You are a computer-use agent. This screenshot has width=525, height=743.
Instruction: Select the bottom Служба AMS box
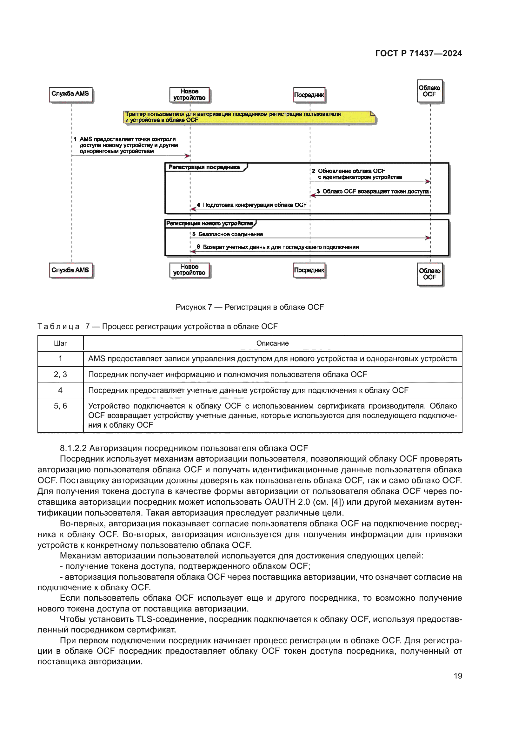pyautogui.click(x=71, y=271)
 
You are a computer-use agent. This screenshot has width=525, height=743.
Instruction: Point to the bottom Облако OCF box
pyautogui.click(x=430, y=274)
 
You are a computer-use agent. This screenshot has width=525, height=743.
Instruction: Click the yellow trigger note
pyautogui.click(x=249, y=117)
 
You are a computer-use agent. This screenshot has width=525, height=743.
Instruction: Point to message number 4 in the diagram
pyautogui.click(x=198, y=205)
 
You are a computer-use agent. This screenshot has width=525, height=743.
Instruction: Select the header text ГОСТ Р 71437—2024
pyautogui.click(x=419, y=53)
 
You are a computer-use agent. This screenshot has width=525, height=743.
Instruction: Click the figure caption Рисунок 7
pyautogui.click(x=194, y=307)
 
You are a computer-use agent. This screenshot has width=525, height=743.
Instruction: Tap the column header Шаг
pyautogui.click(x=60, y=343)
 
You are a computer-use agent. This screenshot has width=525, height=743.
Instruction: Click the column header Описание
pyautogui.click(x=273, y=343)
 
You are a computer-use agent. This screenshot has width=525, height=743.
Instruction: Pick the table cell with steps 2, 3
pyautogui.click(x=60, y=375)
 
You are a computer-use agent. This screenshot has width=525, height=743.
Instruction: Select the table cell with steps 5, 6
pyautogui.click(x=60, y=415)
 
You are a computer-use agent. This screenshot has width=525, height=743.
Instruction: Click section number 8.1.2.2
pyautogui.click(x=73, y=448)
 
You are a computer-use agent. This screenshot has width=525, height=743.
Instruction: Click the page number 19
pyautogui.click(x=458, y=676)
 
